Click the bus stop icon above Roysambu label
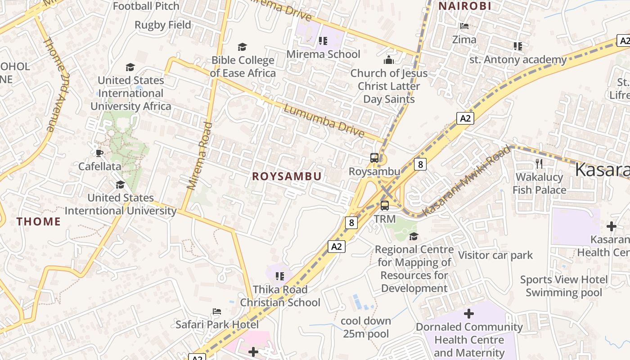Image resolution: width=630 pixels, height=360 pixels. pos(374,158)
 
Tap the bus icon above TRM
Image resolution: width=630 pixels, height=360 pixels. pos(385,206)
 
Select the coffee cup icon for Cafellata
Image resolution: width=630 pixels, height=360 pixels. pos(99,153)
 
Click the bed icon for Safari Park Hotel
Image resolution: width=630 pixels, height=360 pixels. pos(217,311)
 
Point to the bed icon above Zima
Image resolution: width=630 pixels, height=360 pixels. pos(464,26)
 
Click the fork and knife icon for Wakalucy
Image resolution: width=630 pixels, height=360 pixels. pos(539,163)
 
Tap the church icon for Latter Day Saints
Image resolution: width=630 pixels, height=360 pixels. pos(389,60)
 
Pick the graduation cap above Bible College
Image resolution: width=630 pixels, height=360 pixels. pos(243,47)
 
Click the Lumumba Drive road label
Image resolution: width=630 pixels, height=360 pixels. pos(324,120)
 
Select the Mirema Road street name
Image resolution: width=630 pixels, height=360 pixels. pos(199,155)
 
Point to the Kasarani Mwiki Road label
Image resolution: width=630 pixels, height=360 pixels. pos(468,180)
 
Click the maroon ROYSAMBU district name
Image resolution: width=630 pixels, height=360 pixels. pos(287,176)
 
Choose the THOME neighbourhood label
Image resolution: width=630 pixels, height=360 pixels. pos(39,221)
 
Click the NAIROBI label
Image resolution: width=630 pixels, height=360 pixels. pos(465,6)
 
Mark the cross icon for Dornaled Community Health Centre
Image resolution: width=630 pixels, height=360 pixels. pos(469,313)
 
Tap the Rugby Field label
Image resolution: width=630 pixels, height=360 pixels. pos(163,25)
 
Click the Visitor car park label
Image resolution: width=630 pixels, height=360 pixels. pos(495,255)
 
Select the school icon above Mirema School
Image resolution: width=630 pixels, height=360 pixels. pos(323,41)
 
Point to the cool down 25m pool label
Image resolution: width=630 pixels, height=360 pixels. pos(366,327)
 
